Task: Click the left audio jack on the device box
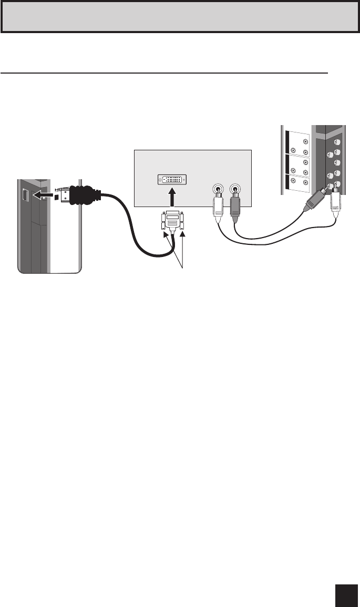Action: click(x=217, y=190)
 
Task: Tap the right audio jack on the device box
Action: click(x=235, y=190)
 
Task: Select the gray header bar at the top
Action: click(x=180, y=16)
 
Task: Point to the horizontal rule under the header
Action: click(x=164, y=73)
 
